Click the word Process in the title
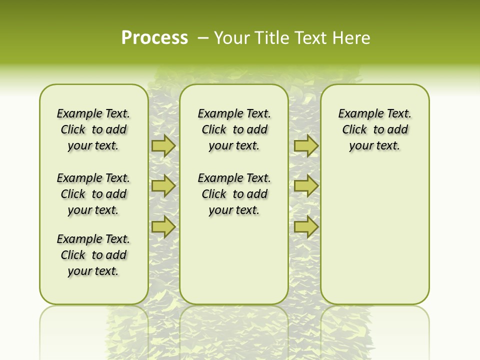(x=154, y=37)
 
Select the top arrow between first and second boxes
(x=163, y=145)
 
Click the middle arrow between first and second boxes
(x=163, y=186)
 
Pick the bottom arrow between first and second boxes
(x=163, y=226)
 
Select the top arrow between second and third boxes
(x=306, y=145)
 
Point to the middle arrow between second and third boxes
(x=306, y=186)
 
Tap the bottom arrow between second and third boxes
(x=306, y=226)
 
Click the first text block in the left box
(x=93, y=129)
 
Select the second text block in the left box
(x=93, y=194)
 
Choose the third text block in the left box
(x=93, y=255)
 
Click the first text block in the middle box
(x=234, y=129)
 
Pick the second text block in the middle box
(x=234, y=194)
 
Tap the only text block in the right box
(x=375, y=129)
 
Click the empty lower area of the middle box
(x=234, y=260)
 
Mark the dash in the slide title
(x=203, y=38)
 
